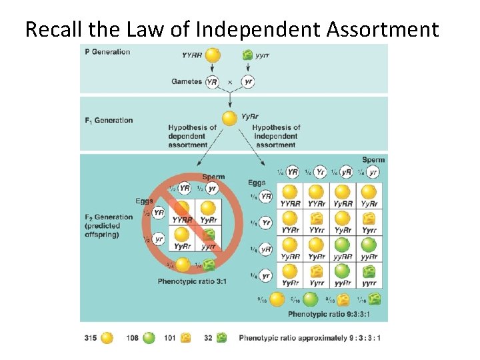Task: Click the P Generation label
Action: [x=107, y=52]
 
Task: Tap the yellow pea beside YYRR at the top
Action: [x=213, y=55]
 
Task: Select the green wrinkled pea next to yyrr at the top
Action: [x=247, y=55]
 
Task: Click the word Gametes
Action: [x=187, y=81]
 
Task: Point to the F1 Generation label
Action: [x=109, y=121]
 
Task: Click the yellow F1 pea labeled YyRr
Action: [x=229, y=119]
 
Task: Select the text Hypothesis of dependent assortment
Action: [x=192, y=136]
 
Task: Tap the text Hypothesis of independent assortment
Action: [x=276, y=136]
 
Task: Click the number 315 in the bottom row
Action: [x=91, y=338]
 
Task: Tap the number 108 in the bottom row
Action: [x=132, y=338]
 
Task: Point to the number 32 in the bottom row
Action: [x=208, y=338]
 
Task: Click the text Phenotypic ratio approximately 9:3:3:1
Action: [x=310, y=338]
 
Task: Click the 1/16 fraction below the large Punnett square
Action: [x=361, y=299]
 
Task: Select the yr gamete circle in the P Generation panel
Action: [x=248, y=81]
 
